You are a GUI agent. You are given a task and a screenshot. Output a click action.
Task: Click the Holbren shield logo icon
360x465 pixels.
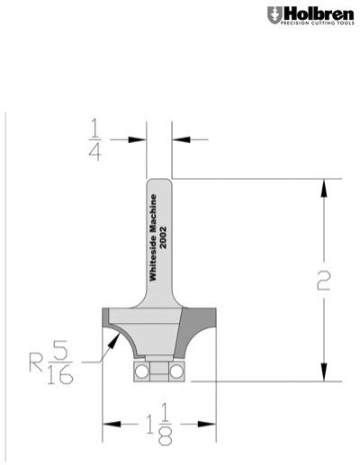274,15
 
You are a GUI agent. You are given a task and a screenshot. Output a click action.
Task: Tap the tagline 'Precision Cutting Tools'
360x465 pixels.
314,25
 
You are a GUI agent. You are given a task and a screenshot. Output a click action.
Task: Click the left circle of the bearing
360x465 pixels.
141,369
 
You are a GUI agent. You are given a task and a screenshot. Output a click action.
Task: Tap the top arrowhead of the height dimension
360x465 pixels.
323,184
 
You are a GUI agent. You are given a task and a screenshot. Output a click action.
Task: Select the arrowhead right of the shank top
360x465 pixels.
177,139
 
